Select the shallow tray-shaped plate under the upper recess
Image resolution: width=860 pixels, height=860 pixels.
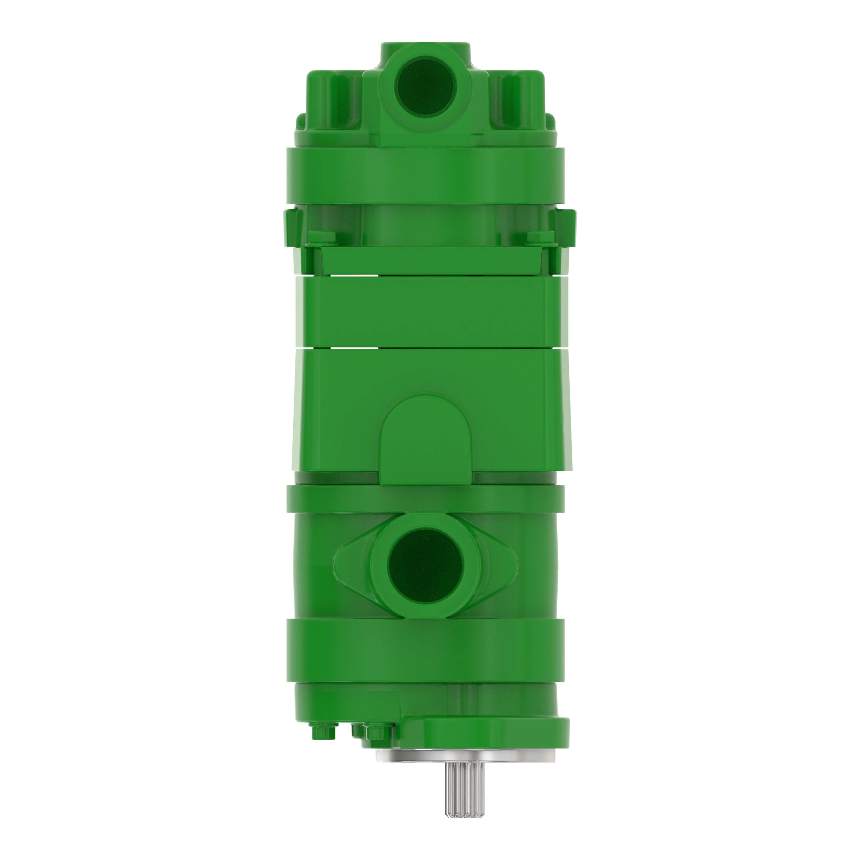426,260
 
